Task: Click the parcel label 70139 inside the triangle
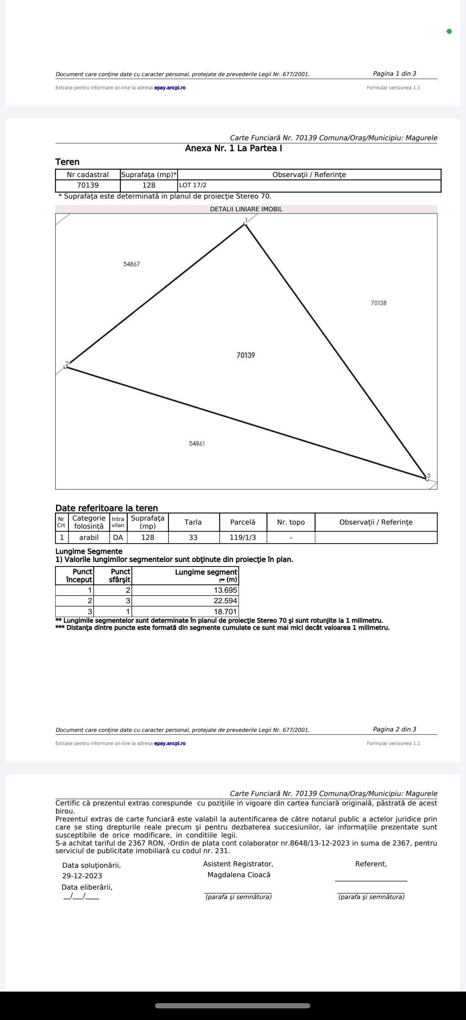[x=246, y=355]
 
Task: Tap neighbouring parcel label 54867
[x=131, y=264]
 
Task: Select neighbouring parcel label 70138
[x=378, y=303]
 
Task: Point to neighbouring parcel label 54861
[x=197, y=443]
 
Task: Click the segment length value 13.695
[x=225, y=590]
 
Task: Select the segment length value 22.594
[x=225, y=601]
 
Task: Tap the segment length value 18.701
[x=225, y=611]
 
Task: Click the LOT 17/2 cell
[x=193, y=185]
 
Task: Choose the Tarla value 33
[x=193, y=537]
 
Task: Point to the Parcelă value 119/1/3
[x=242, y=537]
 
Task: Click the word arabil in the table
[x=88, y=537]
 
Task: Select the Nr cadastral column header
[x=88, y=174]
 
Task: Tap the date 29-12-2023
[x=82, y=876]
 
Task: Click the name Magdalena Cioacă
[x=238, y=875]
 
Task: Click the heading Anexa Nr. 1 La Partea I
[x=233, y=149]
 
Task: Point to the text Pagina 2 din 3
[x=394, y=729]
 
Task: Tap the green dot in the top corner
[x=449, y=31]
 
